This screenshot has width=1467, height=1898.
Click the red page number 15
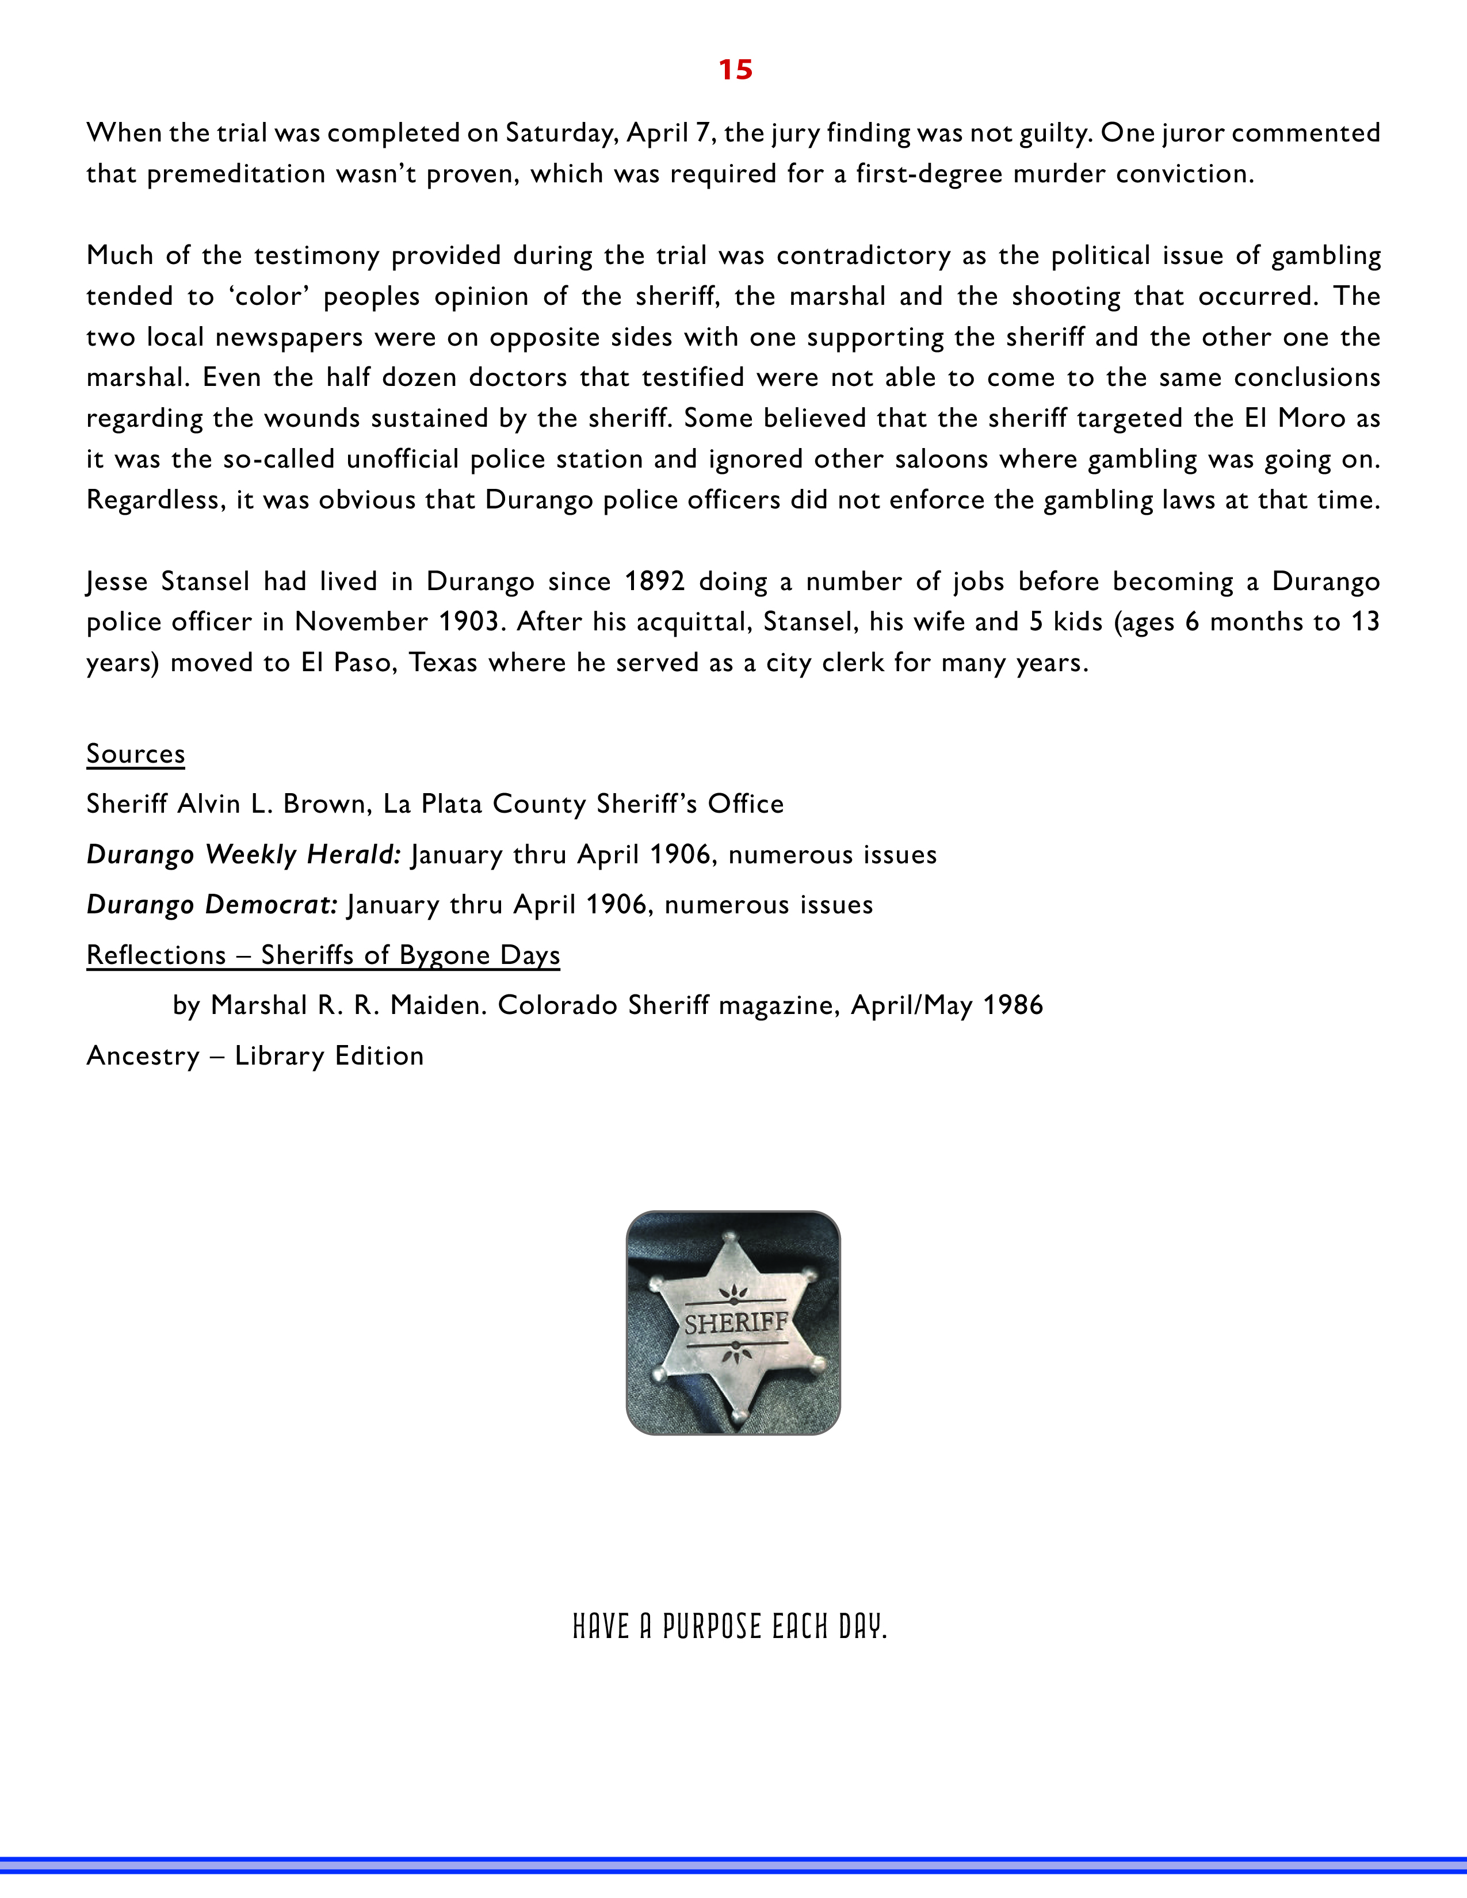pyautogui.click(x=735, y=70)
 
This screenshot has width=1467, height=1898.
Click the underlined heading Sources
pyautogui.click(x=136, y=753)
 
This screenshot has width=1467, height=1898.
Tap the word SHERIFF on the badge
pyautogui.click(x=735, y=1323)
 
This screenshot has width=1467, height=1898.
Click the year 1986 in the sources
pyautogui.click(x=1013, y=1005)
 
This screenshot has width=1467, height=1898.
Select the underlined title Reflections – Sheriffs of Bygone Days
pyautogui.click(x=323, y=955)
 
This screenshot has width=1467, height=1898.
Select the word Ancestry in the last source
pyautogui.click(x=143, y=1056)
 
